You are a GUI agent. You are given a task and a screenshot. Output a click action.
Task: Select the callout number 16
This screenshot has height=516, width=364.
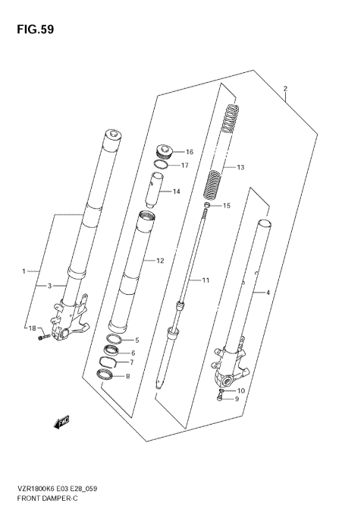(190, 152)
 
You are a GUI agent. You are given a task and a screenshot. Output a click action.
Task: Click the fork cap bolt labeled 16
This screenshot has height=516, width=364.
(163, 150)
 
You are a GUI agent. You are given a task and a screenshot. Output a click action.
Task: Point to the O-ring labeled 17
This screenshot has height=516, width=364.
(160, 163)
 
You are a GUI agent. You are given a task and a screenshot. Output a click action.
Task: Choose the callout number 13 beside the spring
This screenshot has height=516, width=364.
(241, 167)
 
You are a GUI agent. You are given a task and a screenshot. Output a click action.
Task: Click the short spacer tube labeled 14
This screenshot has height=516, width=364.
(156, 191)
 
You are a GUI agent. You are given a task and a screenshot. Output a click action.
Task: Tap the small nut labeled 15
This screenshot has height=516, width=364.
(206, 205)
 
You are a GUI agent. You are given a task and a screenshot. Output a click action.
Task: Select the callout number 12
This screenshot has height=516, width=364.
(160, 261)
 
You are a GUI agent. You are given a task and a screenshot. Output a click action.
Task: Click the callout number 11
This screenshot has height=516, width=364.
(205, 280)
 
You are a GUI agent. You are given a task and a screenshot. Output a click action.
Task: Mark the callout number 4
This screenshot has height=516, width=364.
(266, 292)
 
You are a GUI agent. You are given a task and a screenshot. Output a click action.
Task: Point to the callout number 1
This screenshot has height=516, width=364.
(24, 271)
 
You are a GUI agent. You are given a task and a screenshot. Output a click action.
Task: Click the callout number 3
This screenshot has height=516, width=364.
(49, 286)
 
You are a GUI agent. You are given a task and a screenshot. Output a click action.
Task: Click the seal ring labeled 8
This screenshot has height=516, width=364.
(108, 375)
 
